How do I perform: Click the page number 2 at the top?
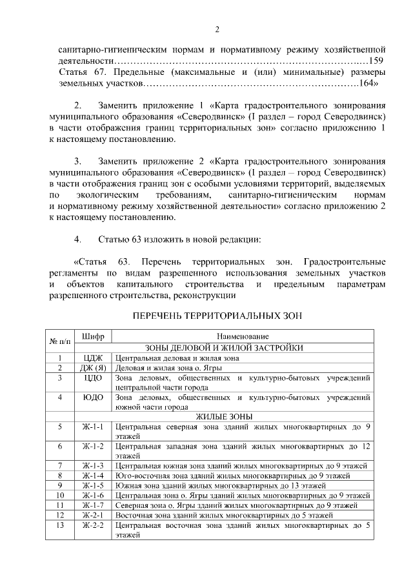[217, 30]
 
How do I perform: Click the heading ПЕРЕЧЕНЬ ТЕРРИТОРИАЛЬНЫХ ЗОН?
[217, 316]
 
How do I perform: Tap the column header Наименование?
[243, 337]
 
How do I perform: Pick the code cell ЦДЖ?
[94, 357]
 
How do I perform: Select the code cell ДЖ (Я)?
[94, 368]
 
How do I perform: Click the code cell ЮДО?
[94, 398]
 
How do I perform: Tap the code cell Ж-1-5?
[94, 485]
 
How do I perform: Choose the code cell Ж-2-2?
[94, 526]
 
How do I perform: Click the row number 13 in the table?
[59, 526]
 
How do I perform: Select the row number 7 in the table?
[59, 465]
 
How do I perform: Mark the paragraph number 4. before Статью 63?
[79, 240]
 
